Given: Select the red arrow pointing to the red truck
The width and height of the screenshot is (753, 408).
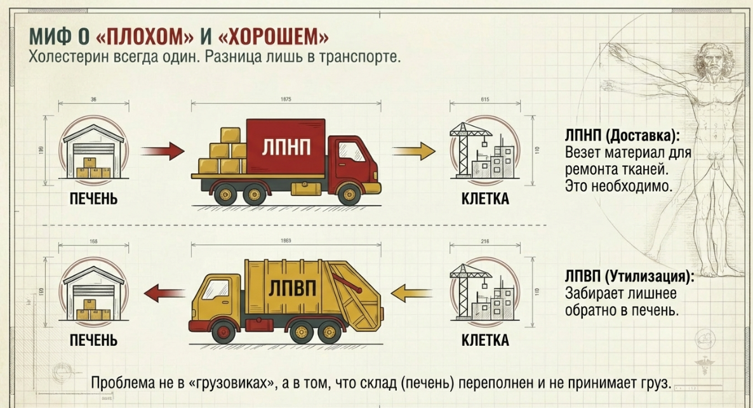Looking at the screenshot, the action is (x=161, y=152).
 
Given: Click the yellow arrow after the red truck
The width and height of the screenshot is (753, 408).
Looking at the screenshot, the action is (x=413, y=152).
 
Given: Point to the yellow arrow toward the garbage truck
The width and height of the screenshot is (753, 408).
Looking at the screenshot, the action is (x=413, y=293).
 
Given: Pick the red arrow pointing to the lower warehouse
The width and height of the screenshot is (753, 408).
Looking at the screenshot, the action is (x=161, y=293).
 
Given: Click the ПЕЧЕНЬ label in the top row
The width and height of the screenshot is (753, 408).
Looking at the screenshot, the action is (x=94, y=199).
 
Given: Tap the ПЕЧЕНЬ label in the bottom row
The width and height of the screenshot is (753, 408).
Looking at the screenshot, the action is (x=94, y=341).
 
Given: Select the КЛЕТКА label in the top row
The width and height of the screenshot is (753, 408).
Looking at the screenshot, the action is (x=485, y=199).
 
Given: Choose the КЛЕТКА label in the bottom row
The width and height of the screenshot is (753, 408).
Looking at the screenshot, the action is (x=485, y=341).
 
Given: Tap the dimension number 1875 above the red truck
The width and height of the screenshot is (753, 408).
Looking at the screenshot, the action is (x=286, y=100).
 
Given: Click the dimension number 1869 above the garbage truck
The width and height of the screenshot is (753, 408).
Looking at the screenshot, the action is (x=286, y=241).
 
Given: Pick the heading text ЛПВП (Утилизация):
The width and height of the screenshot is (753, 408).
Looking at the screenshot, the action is (x=629, y=277).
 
